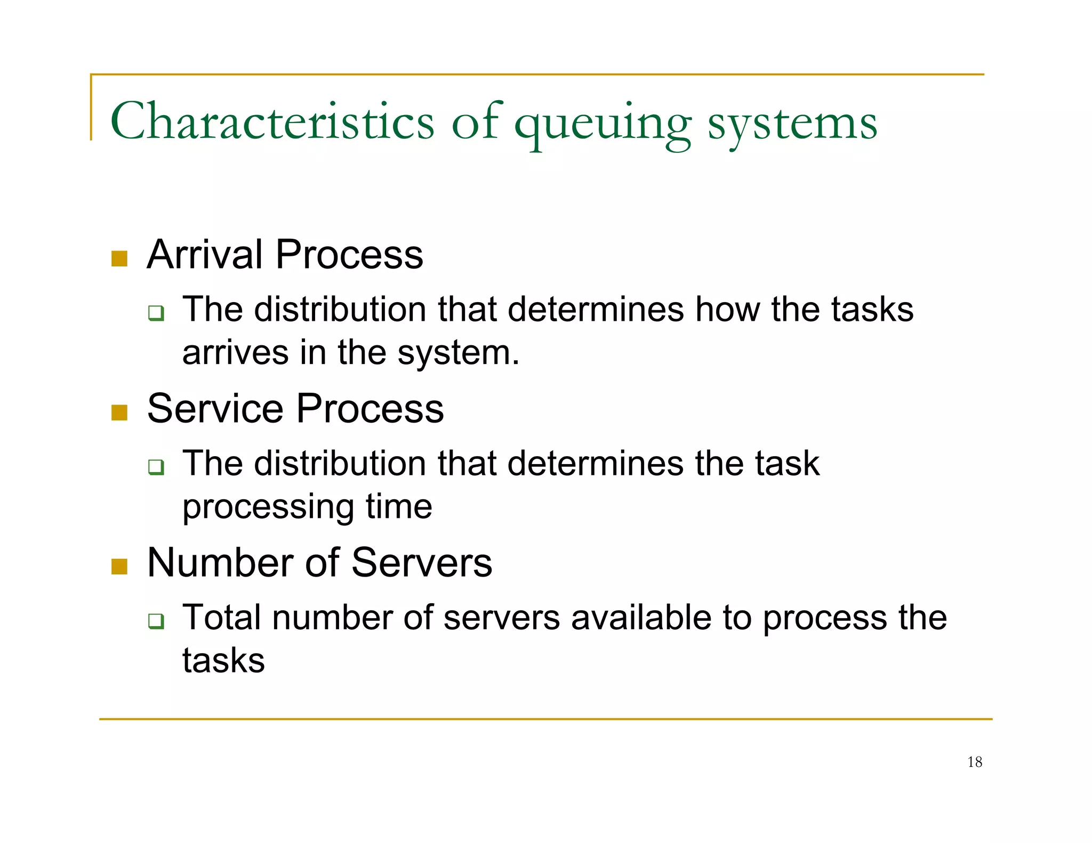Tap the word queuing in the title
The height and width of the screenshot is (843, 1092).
603,125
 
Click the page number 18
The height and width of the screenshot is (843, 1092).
974,762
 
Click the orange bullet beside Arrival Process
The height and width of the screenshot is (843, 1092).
119,259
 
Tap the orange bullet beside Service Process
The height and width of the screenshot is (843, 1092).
119,413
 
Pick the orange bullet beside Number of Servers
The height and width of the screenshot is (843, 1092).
119,567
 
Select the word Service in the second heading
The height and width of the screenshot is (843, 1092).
214,409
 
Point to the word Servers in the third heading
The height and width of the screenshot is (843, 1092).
421,563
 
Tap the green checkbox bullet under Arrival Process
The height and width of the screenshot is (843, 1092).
156,313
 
